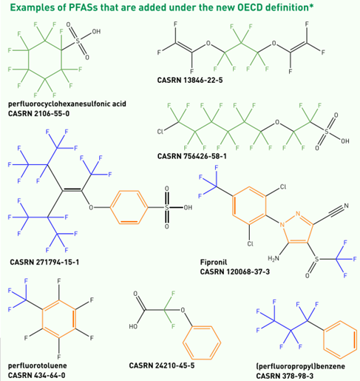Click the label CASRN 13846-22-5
pos(190,80)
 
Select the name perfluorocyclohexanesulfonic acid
pos(67,104)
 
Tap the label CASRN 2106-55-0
pos(38,114)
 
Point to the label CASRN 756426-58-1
pos(191,156)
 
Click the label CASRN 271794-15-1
pos(44,262)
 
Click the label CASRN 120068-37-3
pos(235,272)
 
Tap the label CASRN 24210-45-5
pos(162,365)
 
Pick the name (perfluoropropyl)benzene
pos(300,366)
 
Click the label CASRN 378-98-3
pos(285,376)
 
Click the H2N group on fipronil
pos(274,258)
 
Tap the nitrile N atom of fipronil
pos(346,206)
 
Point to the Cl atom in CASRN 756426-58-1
pos(160,132)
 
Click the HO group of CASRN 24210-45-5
pos(133,326)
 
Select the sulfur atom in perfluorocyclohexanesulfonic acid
pos(78,41)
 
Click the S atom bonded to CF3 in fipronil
pos(317,259)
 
